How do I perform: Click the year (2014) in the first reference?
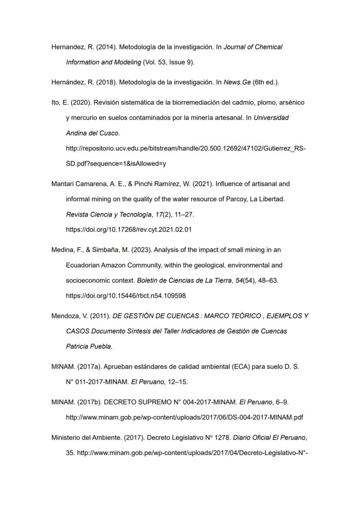point(107,47)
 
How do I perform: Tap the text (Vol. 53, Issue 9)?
point(169,62)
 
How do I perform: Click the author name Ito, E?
point(59,103)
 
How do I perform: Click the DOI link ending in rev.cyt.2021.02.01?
point(129,230)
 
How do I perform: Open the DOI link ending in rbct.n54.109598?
point(126,296)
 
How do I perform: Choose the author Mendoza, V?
point(65,316)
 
